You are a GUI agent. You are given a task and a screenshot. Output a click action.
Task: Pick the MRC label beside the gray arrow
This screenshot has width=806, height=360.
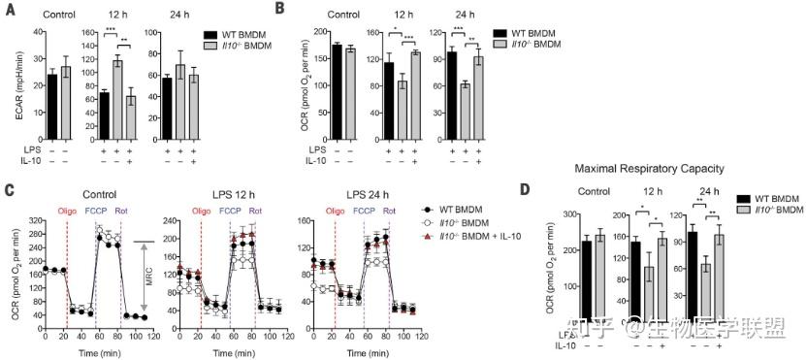point(285,278)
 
